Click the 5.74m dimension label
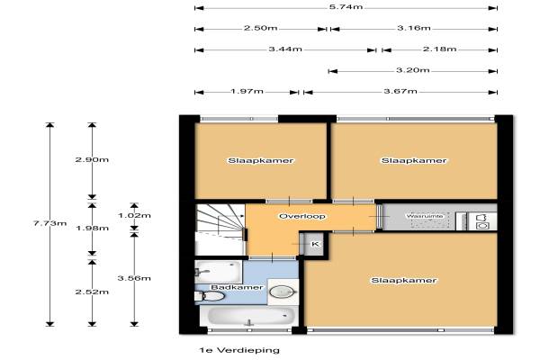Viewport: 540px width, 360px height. pos(346,7)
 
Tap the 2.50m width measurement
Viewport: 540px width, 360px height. pos(261,28)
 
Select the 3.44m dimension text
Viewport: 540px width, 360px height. pos(285,49)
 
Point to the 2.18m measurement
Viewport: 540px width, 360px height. pos(440,49)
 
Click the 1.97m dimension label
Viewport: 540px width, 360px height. pos(247,91)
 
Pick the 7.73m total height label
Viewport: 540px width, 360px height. pos(49,223)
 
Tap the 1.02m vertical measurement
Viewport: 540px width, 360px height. pos(134,216)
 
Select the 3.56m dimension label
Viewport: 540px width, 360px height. pos(134,278)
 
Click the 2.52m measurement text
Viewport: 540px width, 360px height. pos(92,292)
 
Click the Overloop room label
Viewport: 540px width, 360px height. pos(302,216)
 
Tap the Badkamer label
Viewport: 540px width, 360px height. pos(237,287)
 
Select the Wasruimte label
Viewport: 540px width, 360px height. pos(425,216)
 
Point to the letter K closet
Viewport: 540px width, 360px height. pos(315,244)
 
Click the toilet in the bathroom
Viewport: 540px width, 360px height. pos(210,296)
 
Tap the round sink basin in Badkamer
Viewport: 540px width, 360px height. pos(283,292)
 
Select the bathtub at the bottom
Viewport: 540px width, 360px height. pos(251,315)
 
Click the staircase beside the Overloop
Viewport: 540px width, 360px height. pos(220,229)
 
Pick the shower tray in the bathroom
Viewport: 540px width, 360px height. pos(218,272)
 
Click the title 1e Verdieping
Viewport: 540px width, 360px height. pos(239,350)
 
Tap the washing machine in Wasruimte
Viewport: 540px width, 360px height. pos(482,221)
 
